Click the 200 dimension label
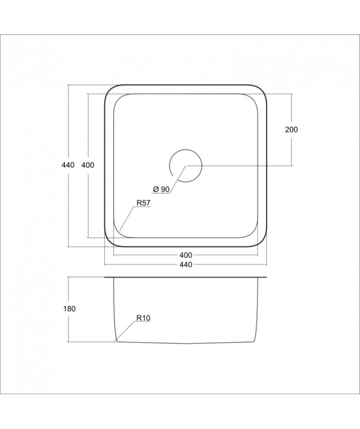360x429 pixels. [291, 129]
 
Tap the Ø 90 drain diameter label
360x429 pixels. [162, 189]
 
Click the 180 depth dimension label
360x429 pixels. [69, 309]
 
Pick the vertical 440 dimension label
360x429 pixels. [68, 165]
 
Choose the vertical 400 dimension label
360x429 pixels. [88, 165]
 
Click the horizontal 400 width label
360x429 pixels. [186, 255]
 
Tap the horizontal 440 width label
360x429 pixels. [186, 265]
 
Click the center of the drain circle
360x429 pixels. [186, 166]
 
